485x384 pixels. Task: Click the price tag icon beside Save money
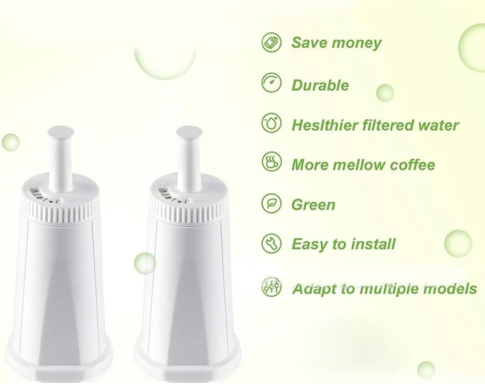[x=271, y=42]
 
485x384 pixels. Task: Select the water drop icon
[x=271, y=123]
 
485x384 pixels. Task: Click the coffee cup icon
[x=271, y=163]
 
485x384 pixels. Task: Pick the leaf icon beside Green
[x=271, y=203]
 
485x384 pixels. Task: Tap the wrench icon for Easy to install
[x=271, y=243]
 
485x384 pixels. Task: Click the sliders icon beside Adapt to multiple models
[x=271, y=287]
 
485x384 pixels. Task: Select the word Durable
[x=320, y=85]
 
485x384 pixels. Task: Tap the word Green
[x=313, y=205]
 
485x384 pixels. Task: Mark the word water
[x=436, y=125]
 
